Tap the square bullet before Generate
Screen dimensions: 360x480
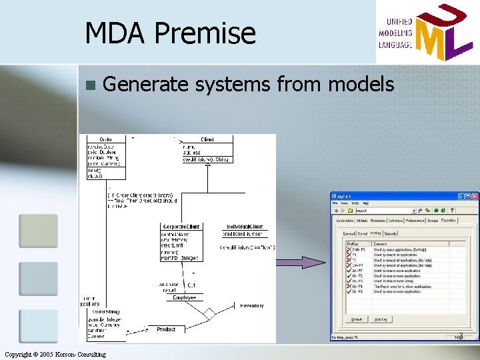tap(90, 85)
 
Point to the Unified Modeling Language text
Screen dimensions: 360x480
tap(395, 32)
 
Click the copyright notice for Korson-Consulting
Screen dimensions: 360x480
tap(55, 354)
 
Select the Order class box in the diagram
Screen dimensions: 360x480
tap(105, 157)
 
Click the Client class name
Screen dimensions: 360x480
tap(207, 139)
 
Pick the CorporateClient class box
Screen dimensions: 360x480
tap(180, 243)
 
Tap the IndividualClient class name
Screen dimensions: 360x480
tap(245, 227)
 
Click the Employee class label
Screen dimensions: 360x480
tap(185, 297)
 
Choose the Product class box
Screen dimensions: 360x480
tap(166, 329)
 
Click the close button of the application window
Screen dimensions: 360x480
tap(475, 197)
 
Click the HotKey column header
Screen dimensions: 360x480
tap(353, 243)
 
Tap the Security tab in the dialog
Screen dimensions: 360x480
tap(391, 234)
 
